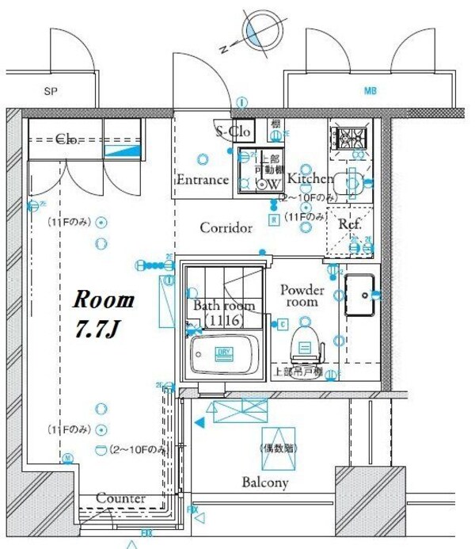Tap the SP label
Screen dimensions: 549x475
coord(50,92)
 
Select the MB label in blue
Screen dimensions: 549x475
coord(370,92)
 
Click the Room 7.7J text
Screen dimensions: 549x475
coord(104,314)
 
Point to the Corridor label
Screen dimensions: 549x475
coord(226,228)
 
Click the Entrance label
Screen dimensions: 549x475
coord(202,180)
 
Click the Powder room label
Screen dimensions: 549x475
coord(302,295)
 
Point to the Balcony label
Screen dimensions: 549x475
coord(264,482)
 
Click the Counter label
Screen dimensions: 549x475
coord(120,498)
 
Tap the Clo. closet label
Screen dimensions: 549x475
coord(66,140)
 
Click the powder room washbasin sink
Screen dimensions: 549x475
coord(362,294)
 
